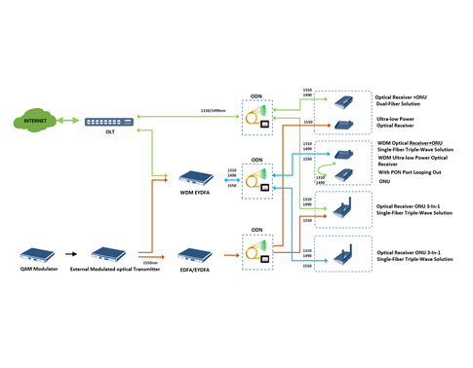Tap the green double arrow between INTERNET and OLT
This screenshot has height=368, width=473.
click(67, 122)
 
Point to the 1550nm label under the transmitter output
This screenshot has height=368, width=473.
click(148, 262)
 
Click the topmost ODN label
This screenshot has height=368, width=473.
click(256, 95)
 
